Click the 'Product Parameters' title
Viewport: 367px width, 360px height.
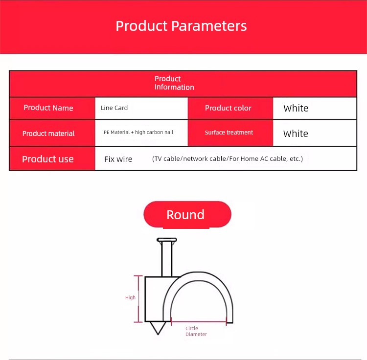pyautogui.click(x=181, y=26)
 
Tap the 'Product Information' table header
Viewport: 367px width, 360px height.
pyautogui.click(x=174, y=83)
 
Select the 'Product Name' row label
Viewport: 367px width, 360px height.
pyautogui.click(x=48, y=108)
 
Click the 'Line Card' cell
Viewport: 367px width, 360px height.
pyautogui.click(x=114, y=108)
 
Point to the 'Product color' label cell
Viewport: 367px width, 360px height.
pyautogui.click(x=228, y=108)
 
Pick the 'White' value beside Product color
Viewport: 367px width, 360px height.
pyautogui.click(x=296, y=108)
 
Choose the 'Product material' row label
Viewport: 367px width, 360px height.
pyautogui.click(x=48, y=134)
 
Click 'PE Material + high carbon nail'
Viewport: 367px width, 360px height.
pyautogui.click(x=138, y=132)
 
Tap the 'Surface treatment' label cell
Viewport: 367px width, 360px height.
pyautogui.click(x=229, y=133)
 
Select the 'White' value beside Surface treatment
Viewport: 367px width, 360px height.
pyautogui.click(x=296, y=134)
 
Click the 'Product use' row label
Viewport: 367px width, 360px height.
pyautogui.click(x=48, y=159)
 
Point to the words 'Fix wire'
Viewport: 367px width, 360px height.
pyautogui.click(x=118, y=159)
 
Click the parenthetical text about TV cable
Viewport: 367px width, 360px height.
pyautogui.click(x=228, y=159)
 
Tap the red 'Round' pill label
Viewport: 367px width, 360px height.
pyautogui.click(x=187, y=214)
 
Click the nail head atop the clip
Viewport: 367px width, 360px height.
pyautogui.click(x=167, y=240)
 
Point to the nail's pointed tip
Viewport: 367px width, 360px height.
pyautogui.click(x=158, y=335)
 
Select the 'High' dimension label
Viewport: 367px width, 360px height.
pyautogui.click(x=130, y=297)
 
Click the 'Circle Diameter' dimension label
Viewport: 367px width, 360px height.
pyautogui.click(x=196, y=331)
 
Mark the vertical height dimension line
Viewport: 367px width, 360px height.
pyautogui.click(x=138, y=299)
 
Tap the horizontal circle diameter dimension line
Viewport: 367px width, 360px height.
pyautogui.click(x=199, y=322)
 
